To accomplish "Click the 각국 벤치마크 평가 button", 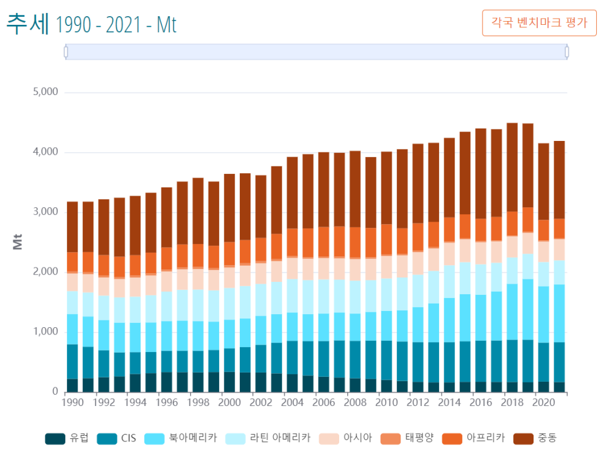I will tap(539, 24).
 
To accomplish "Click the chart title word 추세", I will tap(27, 24).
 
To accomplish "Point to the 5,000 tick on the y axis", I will tap(45, 92).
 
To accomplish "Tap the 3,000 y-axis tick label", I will tap(45, 212).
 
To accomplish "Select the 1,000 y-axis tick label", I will tap(45, 332).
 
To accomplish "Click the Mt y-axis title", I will tap(17, 242).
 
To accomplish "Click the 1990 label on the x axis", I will tap(73, 402).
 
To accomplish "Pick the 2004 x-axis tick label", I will tap(293, 402).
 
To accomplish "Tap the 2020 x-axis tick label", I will tap(543, 402).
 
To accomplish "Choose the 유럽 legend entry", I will tap(68, 438).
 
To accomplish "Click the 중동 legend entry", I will tap(534, 438).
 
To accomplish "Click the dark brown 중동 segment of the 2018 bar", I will tap(512, 168).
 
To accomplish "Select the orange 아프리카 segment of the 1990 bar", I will tap(73, 261).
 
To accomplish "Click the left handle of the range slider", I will tap(66, 52).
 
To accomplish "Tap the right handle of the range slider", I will tap(566, 52).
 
